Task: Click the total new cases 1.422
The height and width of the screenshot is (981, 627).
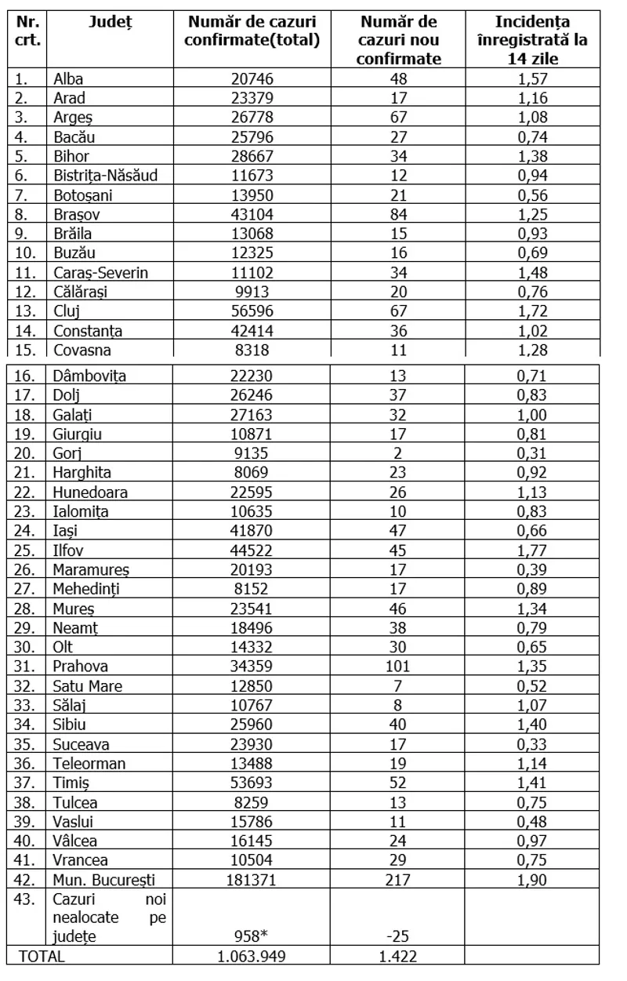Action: pyautogui.click(x=398, y=956)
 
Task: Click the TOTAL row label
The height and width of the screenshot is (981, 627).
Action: pyautogui.click(x=43, y=956)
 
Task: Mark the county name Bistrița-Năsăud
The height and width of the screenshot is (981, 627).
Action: pyautogui.click(x=105, y=175)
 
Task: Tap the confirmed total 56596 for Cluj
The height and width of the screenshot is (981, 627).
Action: pyautogui.click(x=252, y=311)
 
